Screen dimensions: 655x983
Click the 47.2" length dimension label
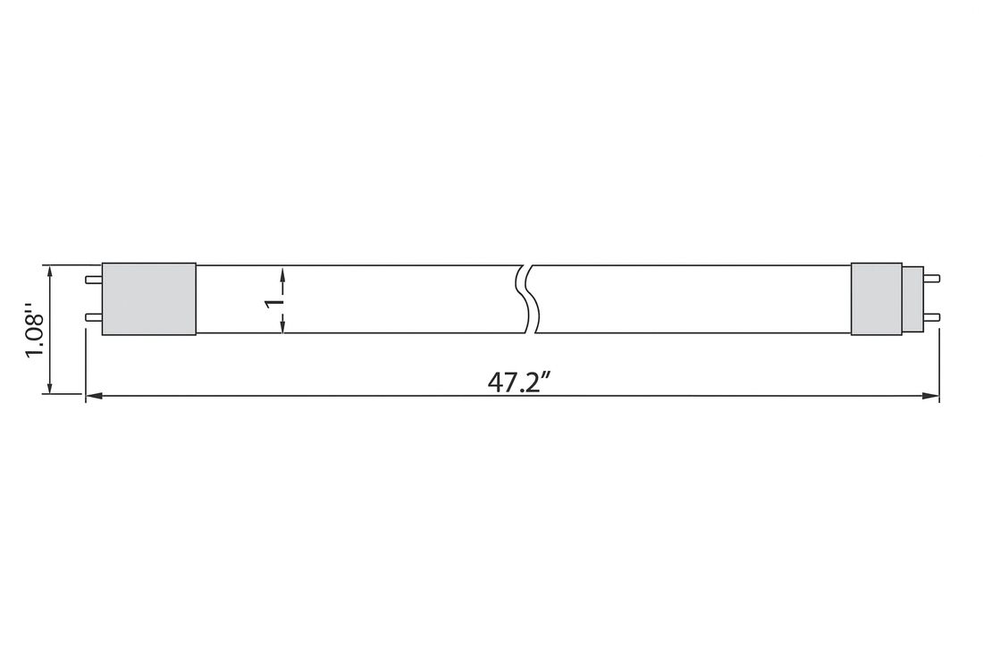tap(518, 382)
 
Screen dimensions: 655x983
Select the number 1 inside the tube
tap(275, 301)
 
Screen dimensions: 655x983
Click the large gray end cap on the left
tap(148, 298)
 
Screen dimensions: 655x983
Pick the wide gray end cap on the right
tap(876, 298)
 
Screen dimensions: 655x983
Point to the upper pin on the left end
tap(93, 280)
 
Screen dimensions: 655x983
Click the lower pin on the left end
tap(93, 316)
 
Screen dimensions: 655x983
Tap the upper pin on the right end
tap(931, 280)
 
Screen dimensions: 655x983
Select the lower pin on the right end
tap(931, 316)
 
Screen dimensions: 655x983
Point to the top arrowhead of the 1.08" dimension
tap(50, 271)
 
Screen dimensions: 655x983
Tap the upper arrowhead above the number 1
tap(283, 272)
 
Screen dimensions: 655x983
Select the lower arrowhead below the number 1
tap(283, 327)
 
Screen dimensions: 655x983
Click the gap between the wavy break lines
tap(529, 298)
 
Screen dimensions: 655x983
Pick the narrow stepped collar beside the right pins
tap(912, 298)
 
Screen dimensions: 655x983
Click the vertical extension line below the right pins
tap(939, 366)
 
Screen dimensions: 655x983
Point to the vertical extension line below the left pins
tap(86, 366)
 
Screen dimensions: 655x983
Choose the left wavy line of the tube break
tap(521, 298)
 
